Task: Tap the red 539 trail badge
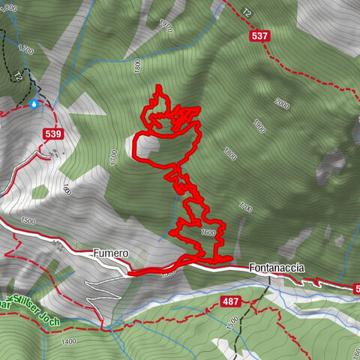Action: pos(52,134)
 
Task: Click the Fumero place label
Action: pos(111,254)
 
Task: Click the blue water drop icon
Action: pos(34,104)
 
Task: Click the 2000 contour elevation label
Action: pos(282,103)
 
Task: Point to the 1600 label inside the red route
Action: pos(208,233)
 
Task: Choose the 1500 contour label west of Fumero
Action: pos(28,221)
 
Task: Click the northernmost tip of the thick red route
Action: pos(159,87)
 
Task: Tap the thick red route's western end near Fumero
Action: pos(130,274)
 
